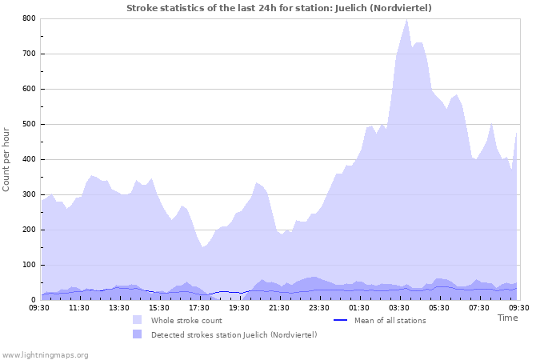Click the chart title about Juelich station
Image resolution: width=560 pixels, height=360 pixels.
(x=279, y=8)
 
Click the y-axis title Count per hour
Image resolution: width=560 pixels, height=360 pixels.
(x=7, y=159)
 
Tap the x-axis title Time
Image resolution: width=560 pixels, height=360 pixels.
(x=507, y=318)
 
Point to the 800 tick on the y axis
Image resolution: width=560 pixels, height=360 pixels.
(x=29, y=18)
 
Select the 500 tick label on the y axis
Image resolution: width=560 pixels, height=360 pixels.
(x=29, y=124)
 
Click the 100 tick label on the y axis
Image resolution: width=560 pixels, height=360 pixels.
(x=29, y=265)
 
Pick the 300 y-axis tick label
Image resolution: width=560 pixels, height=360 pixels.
(x=29, y=194)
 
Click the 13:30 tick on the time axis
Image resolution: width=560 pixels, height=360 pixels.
(x=119, y=307)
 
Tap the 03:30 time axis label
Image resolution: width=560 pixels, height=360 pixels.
(x=399, y=307)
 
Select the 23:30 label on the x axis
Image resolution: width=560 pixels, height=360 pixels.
(x=319, y=307)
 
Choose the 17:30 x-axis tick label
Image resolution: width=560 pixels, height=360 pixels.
(x=199, y=307)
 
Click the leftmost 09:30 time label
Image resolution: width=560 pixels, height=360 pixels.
(x=39, y=307)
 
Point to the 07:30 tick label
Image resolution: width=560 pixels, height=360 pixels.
(x=479, y=307)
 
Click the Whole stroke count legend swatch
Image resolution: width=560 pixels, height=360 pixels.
(x=138, y=320)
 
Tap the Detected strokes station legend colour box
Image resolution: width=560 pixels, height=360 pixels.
(x=138, y=334)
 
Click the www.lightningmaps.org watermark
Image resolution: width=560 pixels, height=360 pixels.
(x=45, y=354)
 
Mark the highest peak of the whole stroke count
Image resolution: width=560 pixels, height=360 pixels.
(x=406, y=19)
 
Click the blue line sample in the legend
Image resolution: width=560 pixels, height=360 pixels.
(x=340, y=320)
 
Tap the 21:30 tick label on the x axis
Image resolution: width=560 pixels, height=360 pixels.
(x=279, y=307)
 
